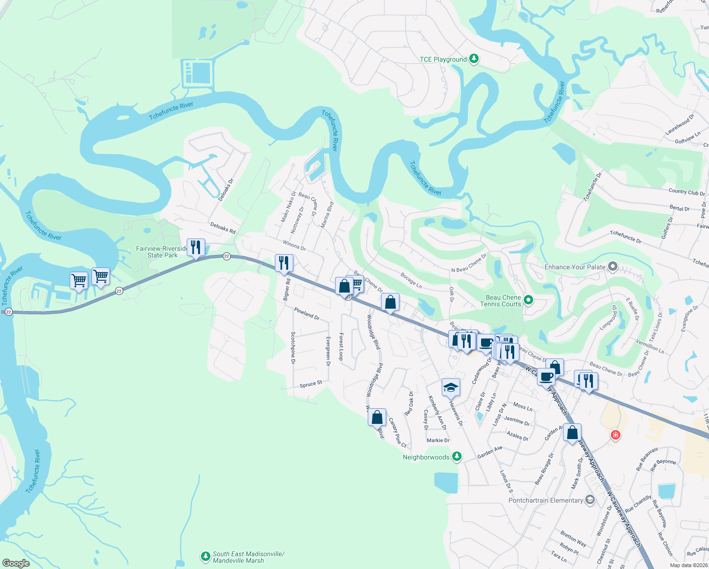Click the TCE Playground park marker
(473, 59)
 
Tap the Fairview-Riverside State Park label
(162, 252)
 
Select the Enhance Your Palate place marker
(612, 267)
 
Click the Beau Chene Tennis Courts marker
(529, 300)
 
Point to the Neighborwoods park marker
(456, 457)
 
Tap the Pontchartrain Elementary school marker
(590, 500)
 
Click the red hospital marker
(615, 435)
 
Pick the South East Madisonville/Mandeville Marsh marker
(205, 556)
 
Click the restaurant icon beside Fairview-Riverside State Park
(196, 248)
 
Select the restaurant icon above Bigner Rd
(284, 263)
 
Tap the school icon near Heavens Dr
(451, 388)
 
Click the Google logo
(16, 563)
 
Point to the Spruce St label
(311, 384)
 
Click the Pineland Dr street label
(307, 313)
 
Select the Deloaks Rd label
(223, 228)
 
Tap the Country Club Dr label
(686, 192)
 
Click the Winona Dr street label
(294, 245)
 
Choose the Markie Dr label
(438, 441)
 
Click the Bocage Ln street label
(411, 280)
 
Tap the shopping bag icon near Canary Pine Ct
(377, 418)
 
